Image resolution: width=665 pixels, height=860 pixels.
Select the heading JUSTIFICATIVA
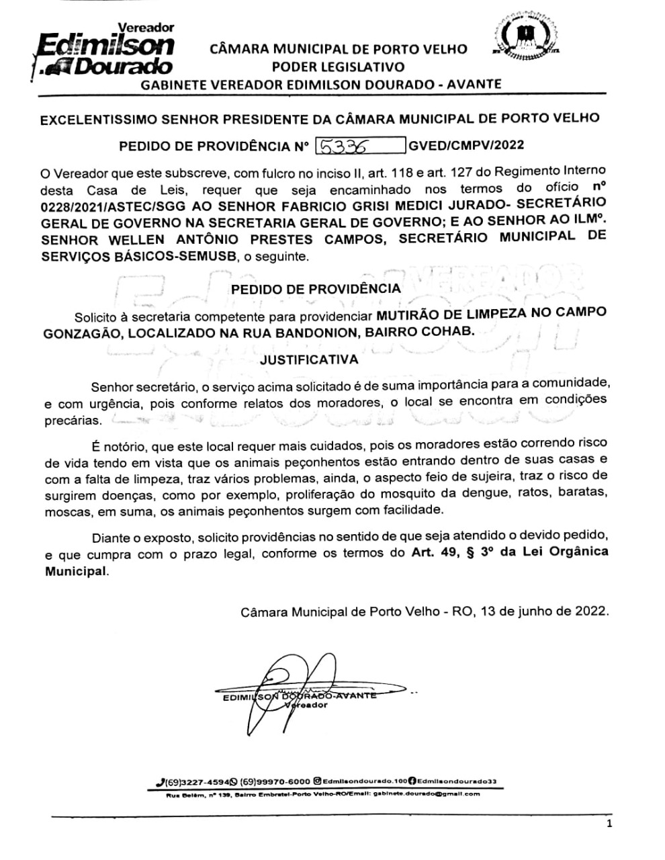click(x=309, y=359)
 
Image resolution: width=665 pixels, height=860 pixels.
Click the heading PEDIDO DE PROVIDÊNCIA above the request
click(x=316, y=289)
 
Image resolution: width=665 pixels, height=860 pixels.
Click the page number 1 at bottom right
click(x=609, y=825)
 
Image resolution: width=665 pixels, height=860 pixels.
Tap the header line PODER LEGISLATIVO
click(x=338, y=67)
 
